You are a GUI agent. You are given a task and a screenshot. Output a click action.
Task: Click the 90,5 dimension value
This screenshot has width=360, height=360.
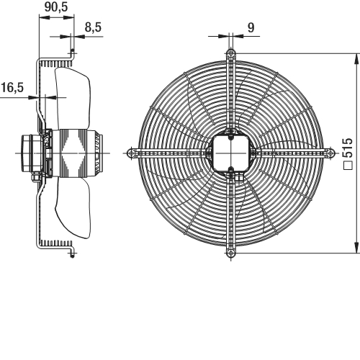coord(56,7)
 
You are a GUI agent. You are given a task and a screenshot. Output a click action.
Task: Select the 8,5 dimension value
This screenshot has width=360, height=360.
coord(93,27)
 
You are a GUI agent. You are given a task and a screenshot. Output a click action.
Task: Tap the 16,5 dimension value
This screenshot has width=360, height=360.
coord(12,87)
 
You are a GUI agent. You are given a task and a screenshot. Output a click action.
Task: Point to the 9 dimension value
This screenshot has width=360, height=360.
coord(251,28)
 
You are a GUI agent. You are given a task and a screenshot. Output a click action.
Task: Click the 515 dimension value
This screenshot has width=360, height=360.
coord(348,148)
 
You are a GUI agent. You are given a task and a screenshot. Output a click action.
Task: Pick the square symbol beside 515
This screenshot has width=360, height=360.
coord(348,166)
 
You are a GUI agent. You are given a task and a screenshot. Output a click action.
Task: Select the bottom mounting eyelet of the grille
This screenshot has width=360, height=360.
coord(231,253)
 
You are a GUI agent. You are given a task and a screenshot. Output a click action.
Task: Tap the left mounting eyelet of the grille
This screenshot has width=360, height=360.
coord(131,153)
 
